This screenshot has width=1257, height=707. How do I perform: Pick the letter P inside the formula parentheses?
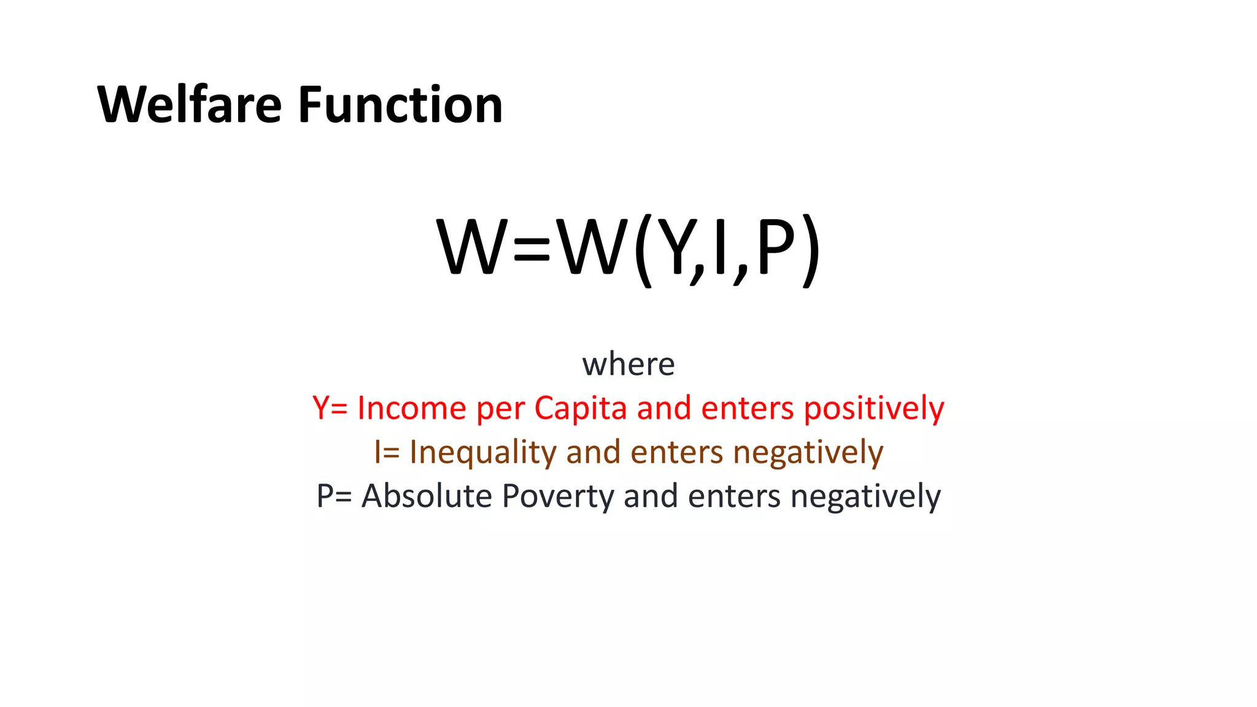coord(775,248)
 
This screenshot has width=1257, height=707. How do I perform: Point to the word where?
coord(628,365)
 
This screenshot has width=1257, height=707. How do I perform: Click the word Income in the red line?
coord(411,409)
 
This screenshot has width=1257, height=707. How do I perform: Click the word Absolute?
coord(427,496)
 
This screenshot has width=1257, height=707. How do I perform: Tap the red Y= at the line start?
coord(330,409)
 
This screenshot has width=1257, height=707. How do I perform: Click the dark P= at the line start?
coord(334,496)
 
